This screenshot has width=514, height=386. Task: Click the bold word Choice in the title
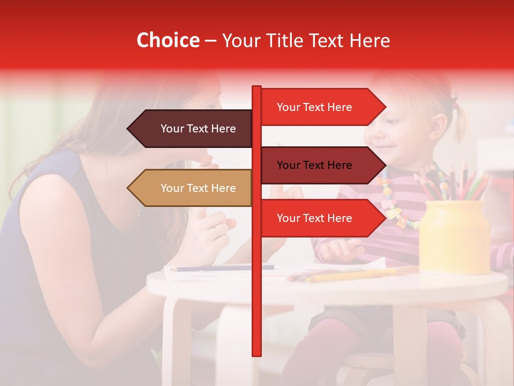[168, 41]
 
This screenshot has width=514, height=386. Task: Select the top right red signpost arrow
[321, 107]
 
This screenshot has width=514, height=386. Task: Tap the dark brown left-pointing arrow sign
[193, 129]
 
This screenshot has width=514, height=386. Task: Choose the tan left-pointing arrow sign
[193, 188]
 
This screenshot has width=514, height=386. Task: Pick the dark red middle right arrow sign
[321, 165]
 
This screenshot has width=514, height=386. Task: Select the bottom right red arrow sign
[321, 218]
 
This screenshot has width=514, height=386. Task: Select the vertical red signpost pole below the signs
[256, 300]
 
